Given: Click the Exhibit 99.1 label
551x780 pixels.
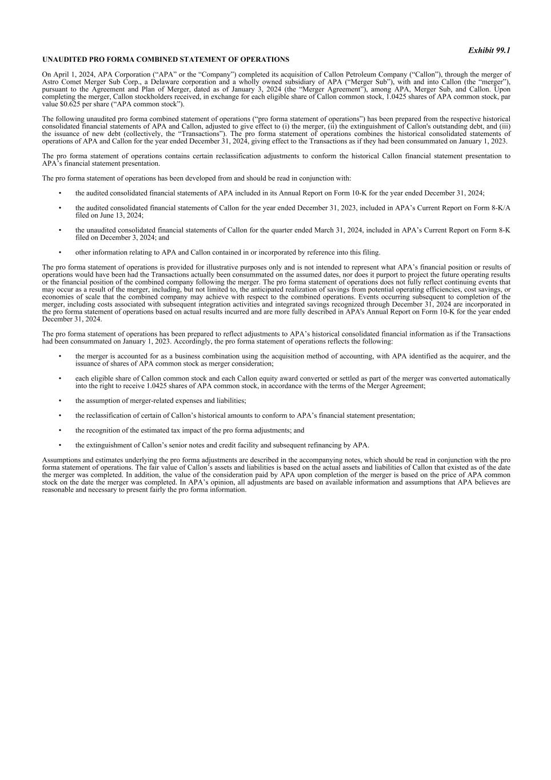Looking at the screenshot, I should tap(489, 50).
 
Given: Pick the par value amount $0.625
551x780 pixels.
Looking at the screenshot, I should tap(68, 104).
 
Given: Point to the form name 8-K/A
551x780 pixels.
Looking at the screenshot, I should tap(500, 208).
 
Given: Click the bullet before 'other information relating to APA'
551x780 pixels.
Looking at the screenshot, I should tap(60, 252).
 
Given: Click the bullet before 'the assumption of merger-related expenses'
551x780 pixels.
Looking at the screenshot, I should tap(60, 401).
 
